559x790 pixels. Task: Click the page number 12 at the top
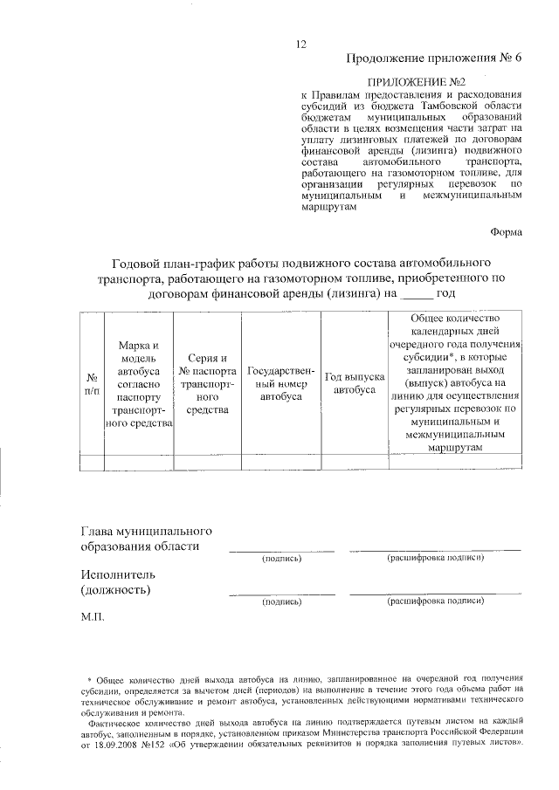pyautogui.click(x=301, y=44)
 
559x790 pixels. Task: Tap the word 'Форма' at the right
pyautogui.click(x=506, y=232)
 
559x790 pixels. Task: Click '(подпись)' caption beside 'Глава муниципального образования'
pyautogui.click(x=281, y=558)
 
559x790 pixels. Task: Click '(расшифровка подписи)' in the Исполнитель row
pyautogui.click(x=435, y=601)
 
